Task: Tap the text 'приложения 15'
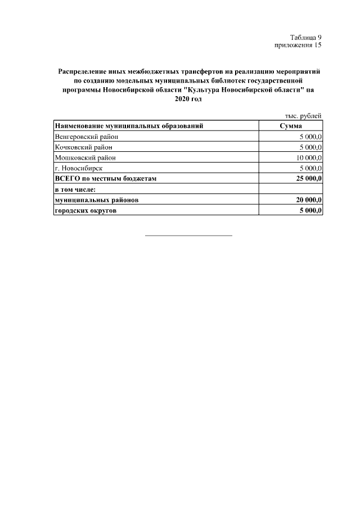[x=298, y=45]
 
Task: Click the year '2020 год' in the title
[x=188, y=99]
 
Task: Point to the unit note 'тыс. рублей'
[x=303, y=115]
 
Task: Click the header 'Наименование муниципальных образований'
[x=129, y=125]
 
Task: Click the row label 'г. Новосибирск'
[x=79, y=168]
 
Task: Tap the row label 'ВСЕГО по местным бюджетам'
[x=105, y=179]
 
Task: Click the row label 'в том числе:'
[x=76, y=190]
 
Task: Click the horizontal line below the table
[x=188, y=235]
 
